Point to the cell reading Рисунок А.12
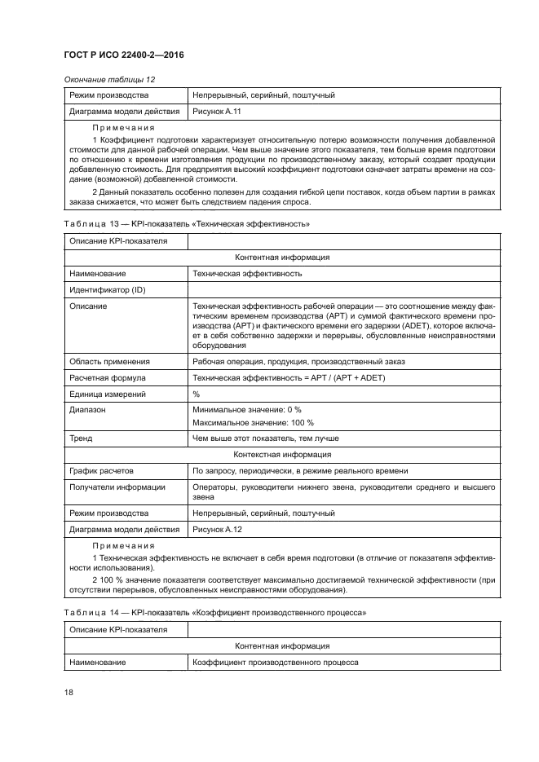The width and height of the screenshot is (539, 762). (216, 529)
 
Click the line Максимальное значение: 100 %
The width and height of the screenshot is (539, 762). (252, 423)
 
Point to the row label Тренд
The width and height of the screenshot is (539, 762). (81, 438)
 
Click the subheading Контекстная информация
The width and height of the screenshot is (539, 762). (281, 455)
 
